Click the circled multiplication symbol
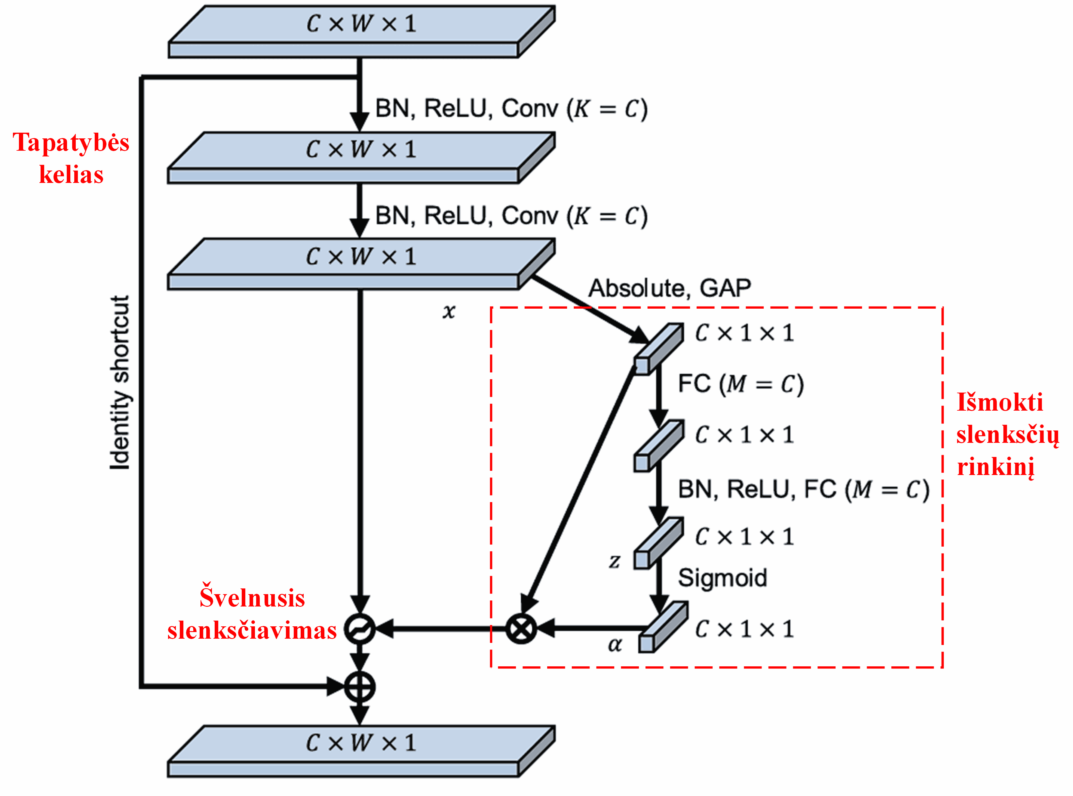(521, 628)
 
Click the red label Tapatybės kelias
(71, 158)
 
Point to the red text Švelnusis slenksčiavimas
(252, 614)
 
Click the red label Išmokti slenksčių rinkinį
(1007, 434)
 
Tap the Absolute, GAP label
(670, 288)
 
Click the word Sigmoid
(722, 578)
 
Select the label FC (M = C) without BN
(741, 384)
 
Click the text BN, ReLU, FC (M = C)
(803, 489)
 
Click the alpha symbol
(615, 645)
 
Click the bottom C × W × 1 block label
(361, 742)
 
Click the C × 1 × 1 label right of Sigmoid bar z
(744, 537)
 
